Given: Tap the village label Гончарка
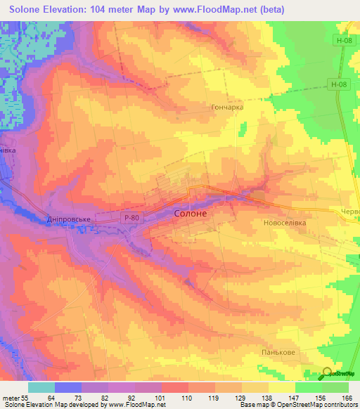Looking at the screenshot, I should (227, 108).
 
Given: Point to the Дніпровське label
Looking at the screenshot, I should (69, 219).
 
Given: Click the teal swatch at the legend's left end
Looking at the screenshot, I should (41, 387).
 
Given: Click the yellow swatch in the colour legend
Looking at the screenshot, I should (281, 387).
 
